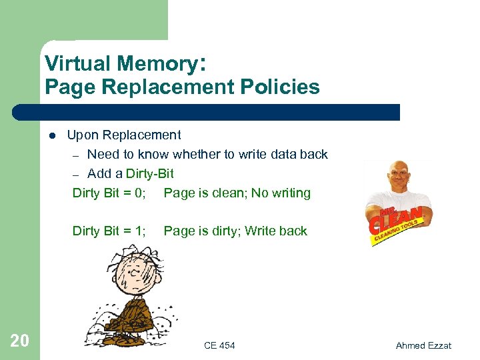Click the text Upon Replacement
coord(124,135)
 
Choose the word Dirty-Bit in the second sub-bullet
coord(149,173)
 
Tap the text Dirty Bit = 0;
coord(109,193)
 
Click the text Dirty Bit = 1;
coord(109,231)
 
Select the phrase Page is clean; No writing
coord(237,193)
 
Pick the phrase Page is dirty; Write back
coord(235,231)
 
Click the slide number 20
coord(20,341)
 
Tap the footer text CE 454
coord(219,345)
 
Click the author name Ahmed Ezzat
coord(423,345)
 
